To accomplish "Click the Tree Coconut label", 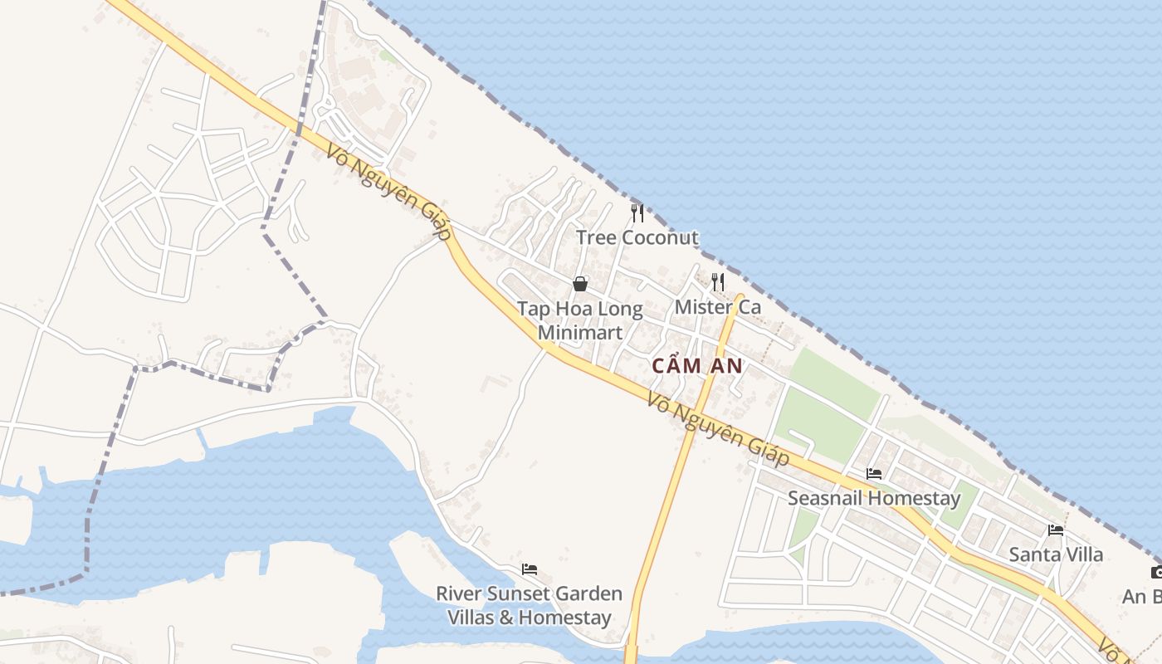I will (637, 238).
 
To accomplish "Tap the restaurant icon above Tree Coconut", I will (637, 213).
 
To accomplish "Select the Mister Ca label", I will (717, 307).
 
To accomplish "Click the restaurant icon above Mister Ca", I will (718, 282).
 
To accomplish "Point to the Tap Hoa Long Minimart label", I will (579, 320).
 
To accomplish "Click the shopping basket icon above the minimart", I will (580, 285).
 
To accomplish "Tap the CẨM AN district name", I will (696, 366).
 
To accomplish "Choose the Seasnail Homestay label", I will (873, 499).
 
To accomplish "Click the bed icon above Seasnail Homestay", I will (874, 474).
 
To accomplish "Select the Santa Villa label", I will (1056, 554).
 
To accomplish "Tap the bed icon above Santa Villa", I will (1056, 530).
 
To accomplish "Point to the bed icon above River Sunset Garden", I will (530, 569).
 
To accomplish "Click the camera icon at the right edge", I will (1157, 572).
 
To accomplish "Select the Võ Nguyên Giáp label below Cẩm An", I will (718, 429).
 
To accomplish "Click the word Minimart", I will (579, 333).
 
